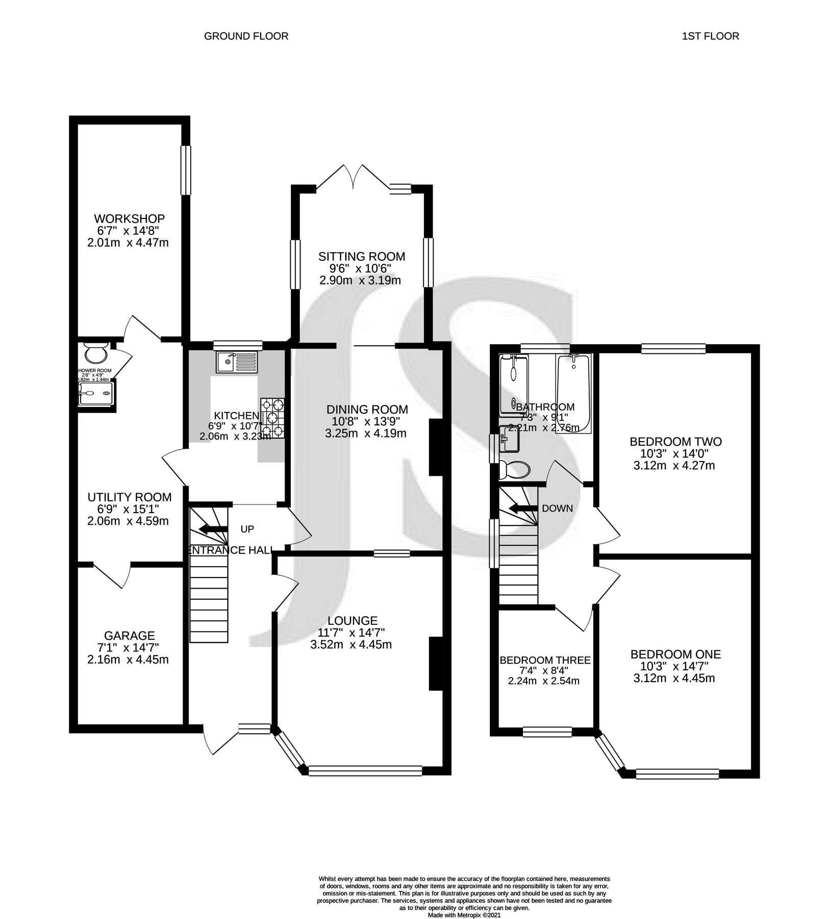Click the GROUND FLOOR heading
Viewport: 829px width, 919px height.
click(246, 36)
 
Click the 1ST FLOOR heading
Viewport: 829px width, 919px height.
click(710, 36)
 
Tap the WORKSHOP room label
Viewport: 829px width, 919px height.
click(129, 219)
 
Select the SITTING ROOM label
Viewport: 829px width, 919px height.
click(361, 257)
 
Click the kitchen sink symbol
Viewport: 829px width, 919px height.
click(238, 362)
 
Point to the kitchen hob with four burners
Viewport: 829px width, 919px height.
click(272, 418)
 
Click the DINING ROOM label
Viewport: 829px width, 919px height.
click(367, 409)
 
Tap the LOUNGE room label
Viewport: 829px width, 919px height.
click(352, 621)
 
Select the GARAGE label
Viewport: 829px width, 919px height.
click(129, 636)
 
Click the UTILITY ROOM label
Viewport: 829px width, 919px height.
click(129, 497)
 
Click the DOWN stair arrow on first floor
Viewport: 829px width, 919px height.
click(523, 509)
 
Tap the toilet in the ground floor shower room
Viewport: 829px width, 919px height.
click(95, 353)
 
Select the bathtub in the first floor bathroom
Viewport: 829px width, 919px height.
click(573, 393)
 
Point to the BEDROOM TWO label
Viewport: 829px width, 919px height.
click(675, 442)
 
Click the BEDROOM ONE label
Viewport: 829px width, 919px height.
click(675, 655)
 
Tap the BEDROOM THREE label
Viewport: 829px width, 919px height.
click(545, 660)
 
